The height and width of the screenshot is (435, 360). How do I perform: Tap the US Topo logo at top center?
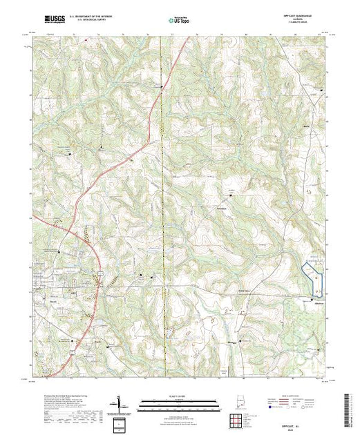180,20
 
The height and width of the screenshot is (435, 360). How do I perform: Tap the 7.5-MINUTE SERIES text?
304,24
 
